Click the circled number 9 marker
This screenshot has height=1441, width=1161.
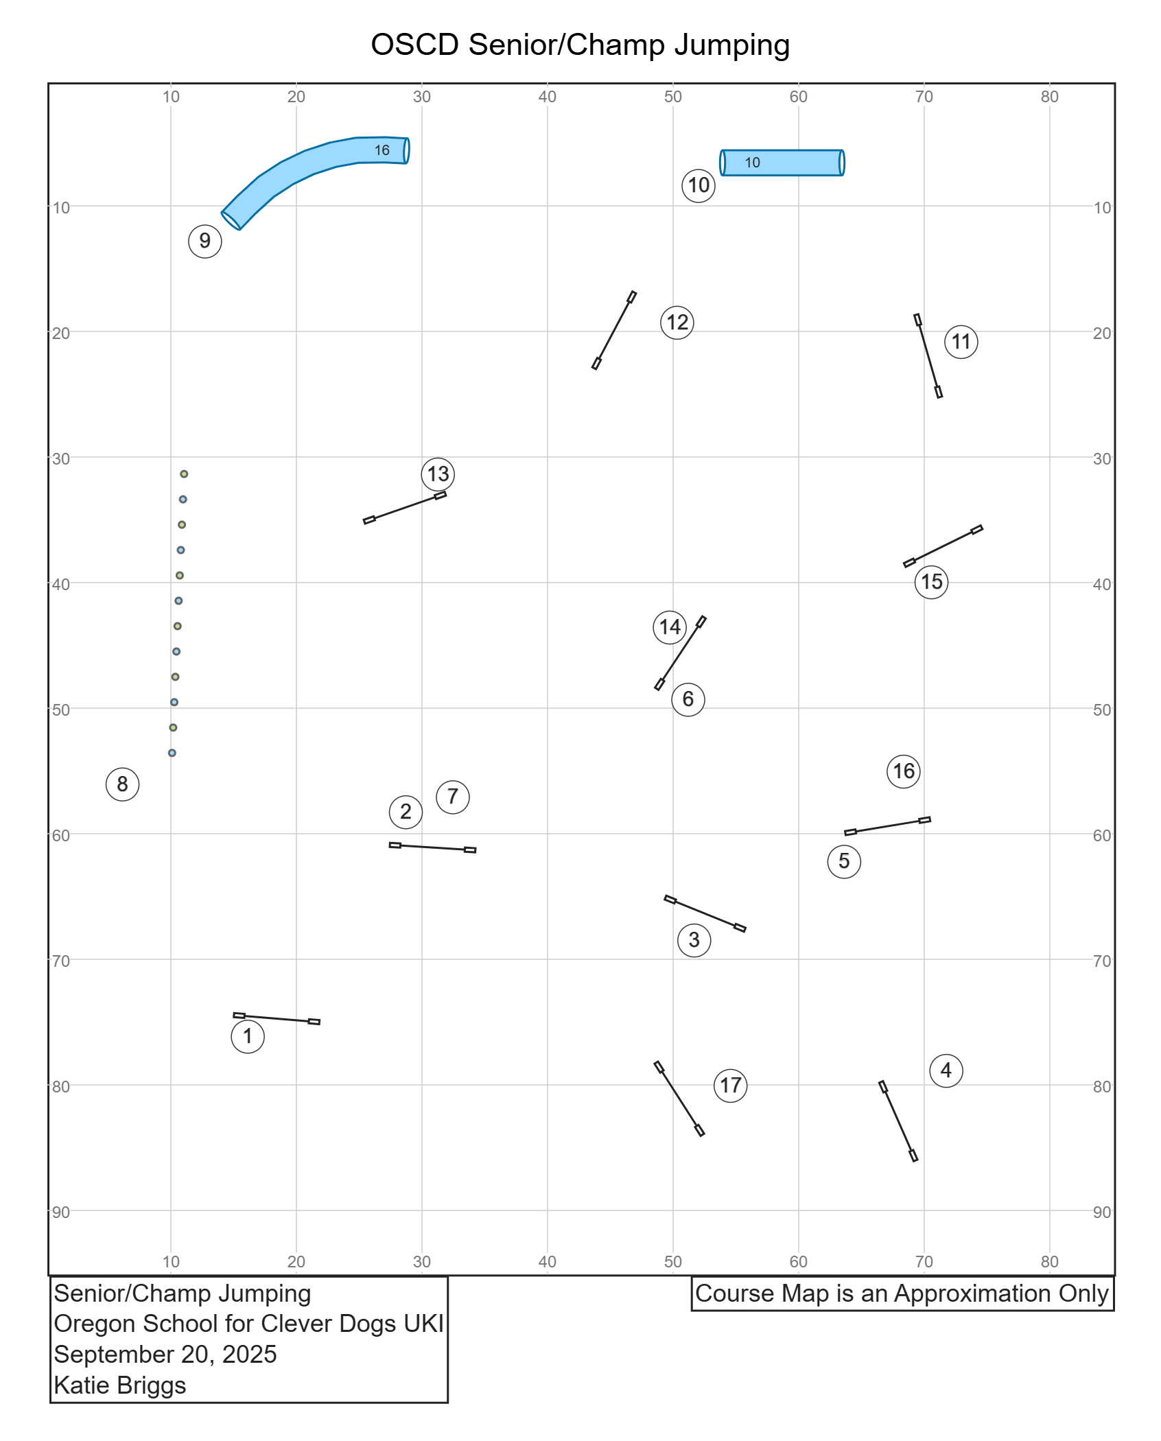click(x=204, y=241)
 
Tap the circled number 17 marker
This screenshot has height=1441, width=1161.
click(x=730, y=1086)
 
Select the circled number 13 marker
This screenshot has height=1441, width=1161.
click(x=438, y=474)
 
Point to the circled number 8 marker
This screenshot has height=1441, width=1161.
click(x=122, y=784)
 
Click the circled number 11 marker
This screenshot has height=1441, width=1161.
click(x=961, y=342)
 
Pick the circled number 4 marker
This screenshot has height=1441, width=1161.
click(x=946, y=1070)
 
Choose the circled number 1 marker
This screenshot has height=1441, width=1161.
click(x=247, y=1036)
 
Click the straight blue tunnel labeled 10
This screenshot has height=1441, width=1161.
click(x=782, y=163)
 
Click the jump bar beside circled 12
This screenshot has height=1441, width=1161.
click(x=614, y=330)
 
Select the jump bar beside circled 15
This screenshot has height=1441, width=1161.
click(x=943, y=546)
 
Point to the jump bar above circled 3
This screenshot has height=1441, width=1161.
click(x=705, y=913)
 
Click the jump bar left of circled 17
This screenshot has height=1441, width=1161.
click(x=679, y=1099)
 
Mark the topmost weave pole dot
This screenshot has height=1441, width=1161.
click(x=184, y=474)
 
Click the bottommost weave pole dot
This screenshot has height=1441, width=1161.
click(x=172, y=753)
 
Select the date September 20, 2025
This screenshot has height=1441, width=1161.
click(x=165, y=1355)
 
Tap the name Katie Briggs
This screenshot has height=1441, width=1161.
click(x=120, y=1385)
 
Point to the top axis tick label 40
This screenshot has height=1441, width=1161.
click(x=547, y=97)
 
